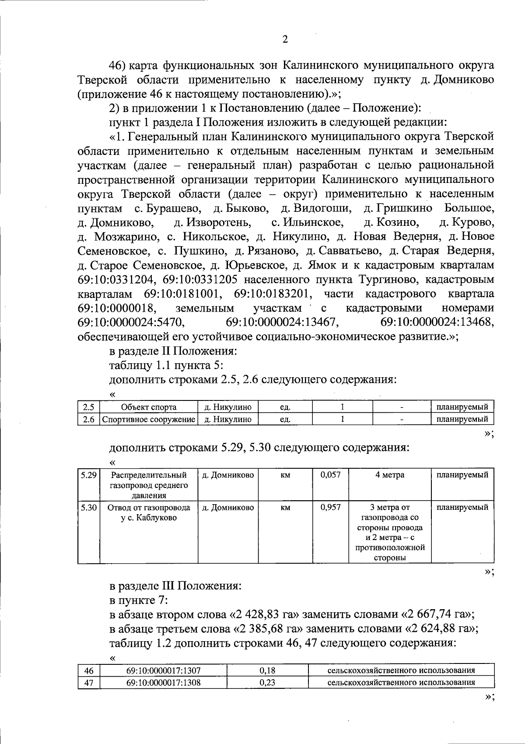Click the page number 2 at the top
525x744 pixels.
(285, 39)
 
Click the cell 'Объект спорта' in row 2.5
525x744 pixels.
(149, 407)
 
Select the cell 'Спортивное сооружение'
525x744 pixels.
(149, 419)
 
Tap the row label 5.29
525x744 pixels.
(89, 475)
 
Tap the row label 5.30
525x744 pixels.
(89, 508)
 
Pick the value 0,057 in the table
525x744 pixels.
(330, 475)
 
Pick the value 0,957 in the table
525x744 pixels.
(330, 508)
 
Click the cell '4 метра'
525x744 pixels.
(390, 475)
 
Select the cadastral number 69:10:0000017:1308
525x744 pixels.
(164, 683)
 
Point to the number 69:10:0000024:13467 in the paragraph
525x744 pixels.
(283, 323)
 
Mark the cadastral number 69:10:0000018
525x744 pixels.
(117, 308)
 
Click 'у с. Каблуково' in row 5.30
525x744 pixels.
(149, 518)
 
